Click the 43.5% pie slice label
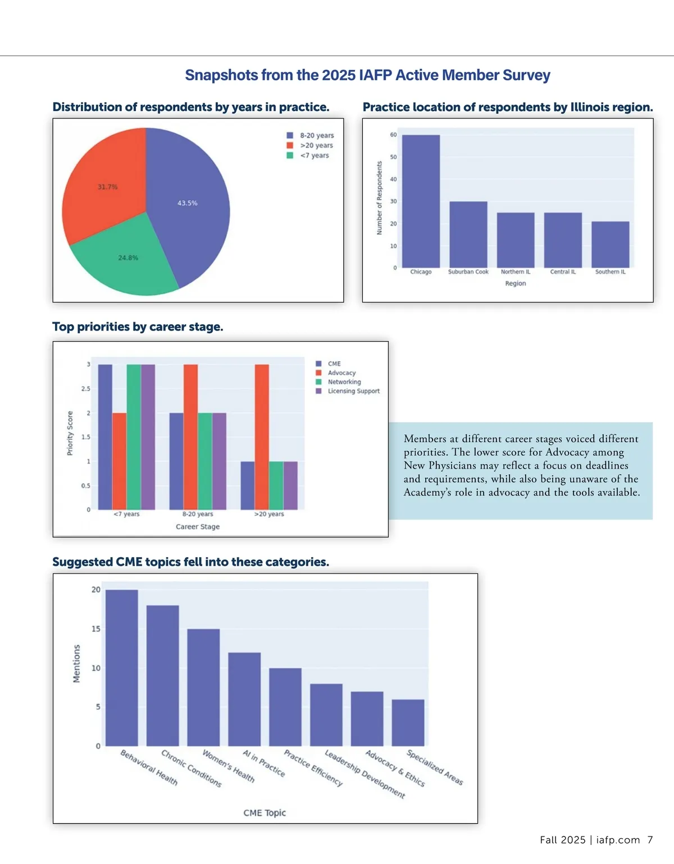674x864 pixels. (x=188, y=203)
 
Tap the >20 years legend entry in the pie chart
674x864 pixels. (x=316, y=145)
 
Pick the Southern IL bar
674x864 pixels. (x=610, y=245)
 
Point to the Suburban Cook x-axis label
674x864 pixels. (x=468, y=272)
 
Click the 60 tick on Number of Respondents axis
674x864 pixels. (x=393, y=135)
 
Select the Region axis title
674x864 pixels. (x=515, y=283)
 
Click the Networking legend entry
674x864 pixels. (x=344, y=382)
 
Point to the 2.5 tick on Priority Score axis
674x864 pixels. (x=85, y=389)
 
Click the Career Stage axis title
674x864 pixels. (x=198, y=527)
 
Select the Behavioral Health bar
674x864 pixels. (x=121, y=668)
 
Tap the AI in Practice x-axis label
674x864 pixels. (x=264, y=764)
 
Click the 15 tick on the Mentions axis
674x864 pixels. (x=96, y=629)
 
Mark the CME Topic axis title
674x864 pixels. (x=265, y=812)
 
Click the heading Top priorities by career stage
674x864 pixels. (x=138, y=327)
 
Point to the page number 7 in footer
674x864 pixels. (x=650, y=840)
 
